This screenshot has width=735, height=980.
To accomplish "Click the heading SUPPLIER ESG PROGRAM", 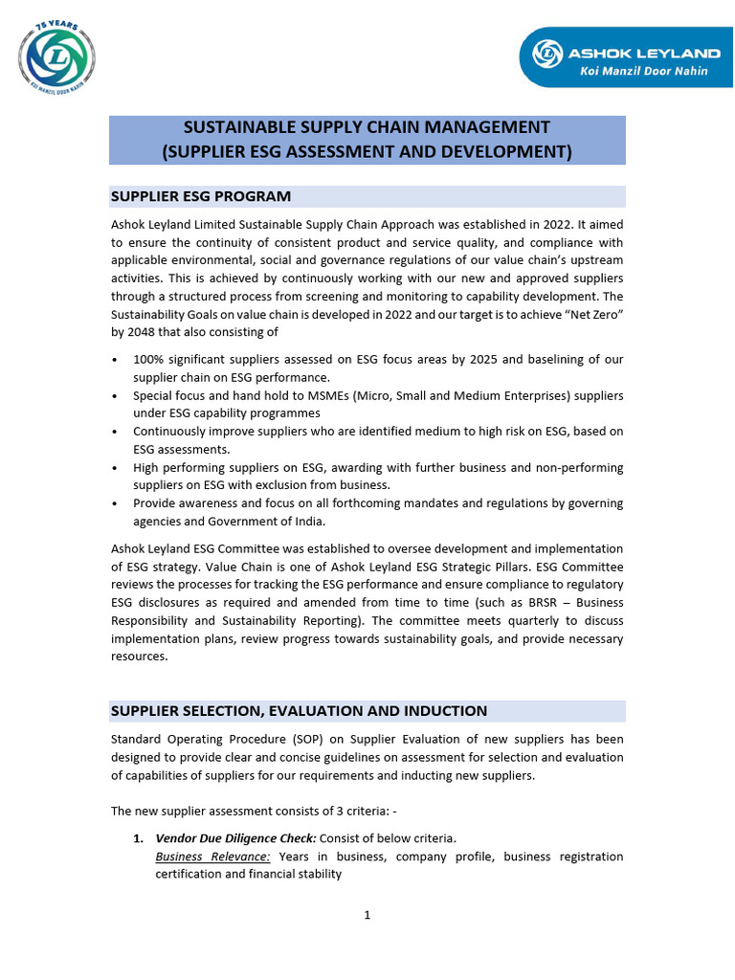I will pyautogui.click(x=201, y=196).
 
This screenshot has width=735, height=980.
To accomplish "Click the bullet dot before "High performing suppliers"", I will pyautogui.click(x=116, y=468).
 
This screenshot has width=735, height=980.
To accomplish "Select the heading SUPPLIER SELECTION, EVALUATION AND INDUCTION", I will pyautogui.click(x=299, y=711).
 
